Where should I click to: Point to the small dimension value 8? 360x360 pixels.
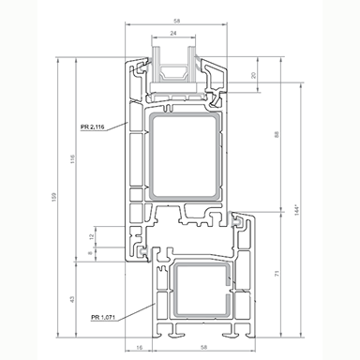pos(91,253)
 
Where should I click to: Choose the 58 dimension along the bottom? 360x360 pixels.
pos(191,348)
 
